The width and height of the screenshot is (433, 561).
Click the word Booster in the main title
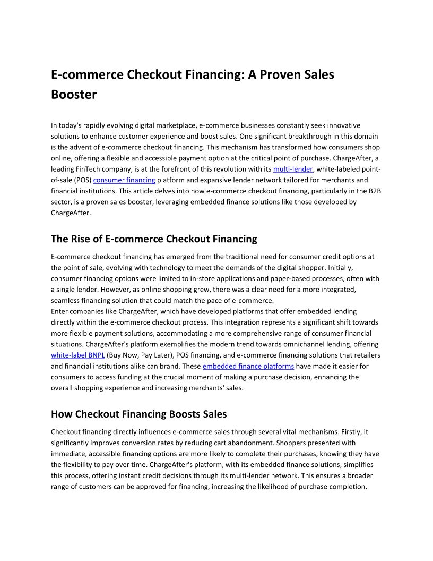pos(74,95)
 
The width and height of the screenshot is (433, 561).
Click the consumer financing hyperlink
pos(124,180)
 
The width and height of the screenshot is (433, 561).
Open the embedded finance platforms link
pos(248,366)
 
